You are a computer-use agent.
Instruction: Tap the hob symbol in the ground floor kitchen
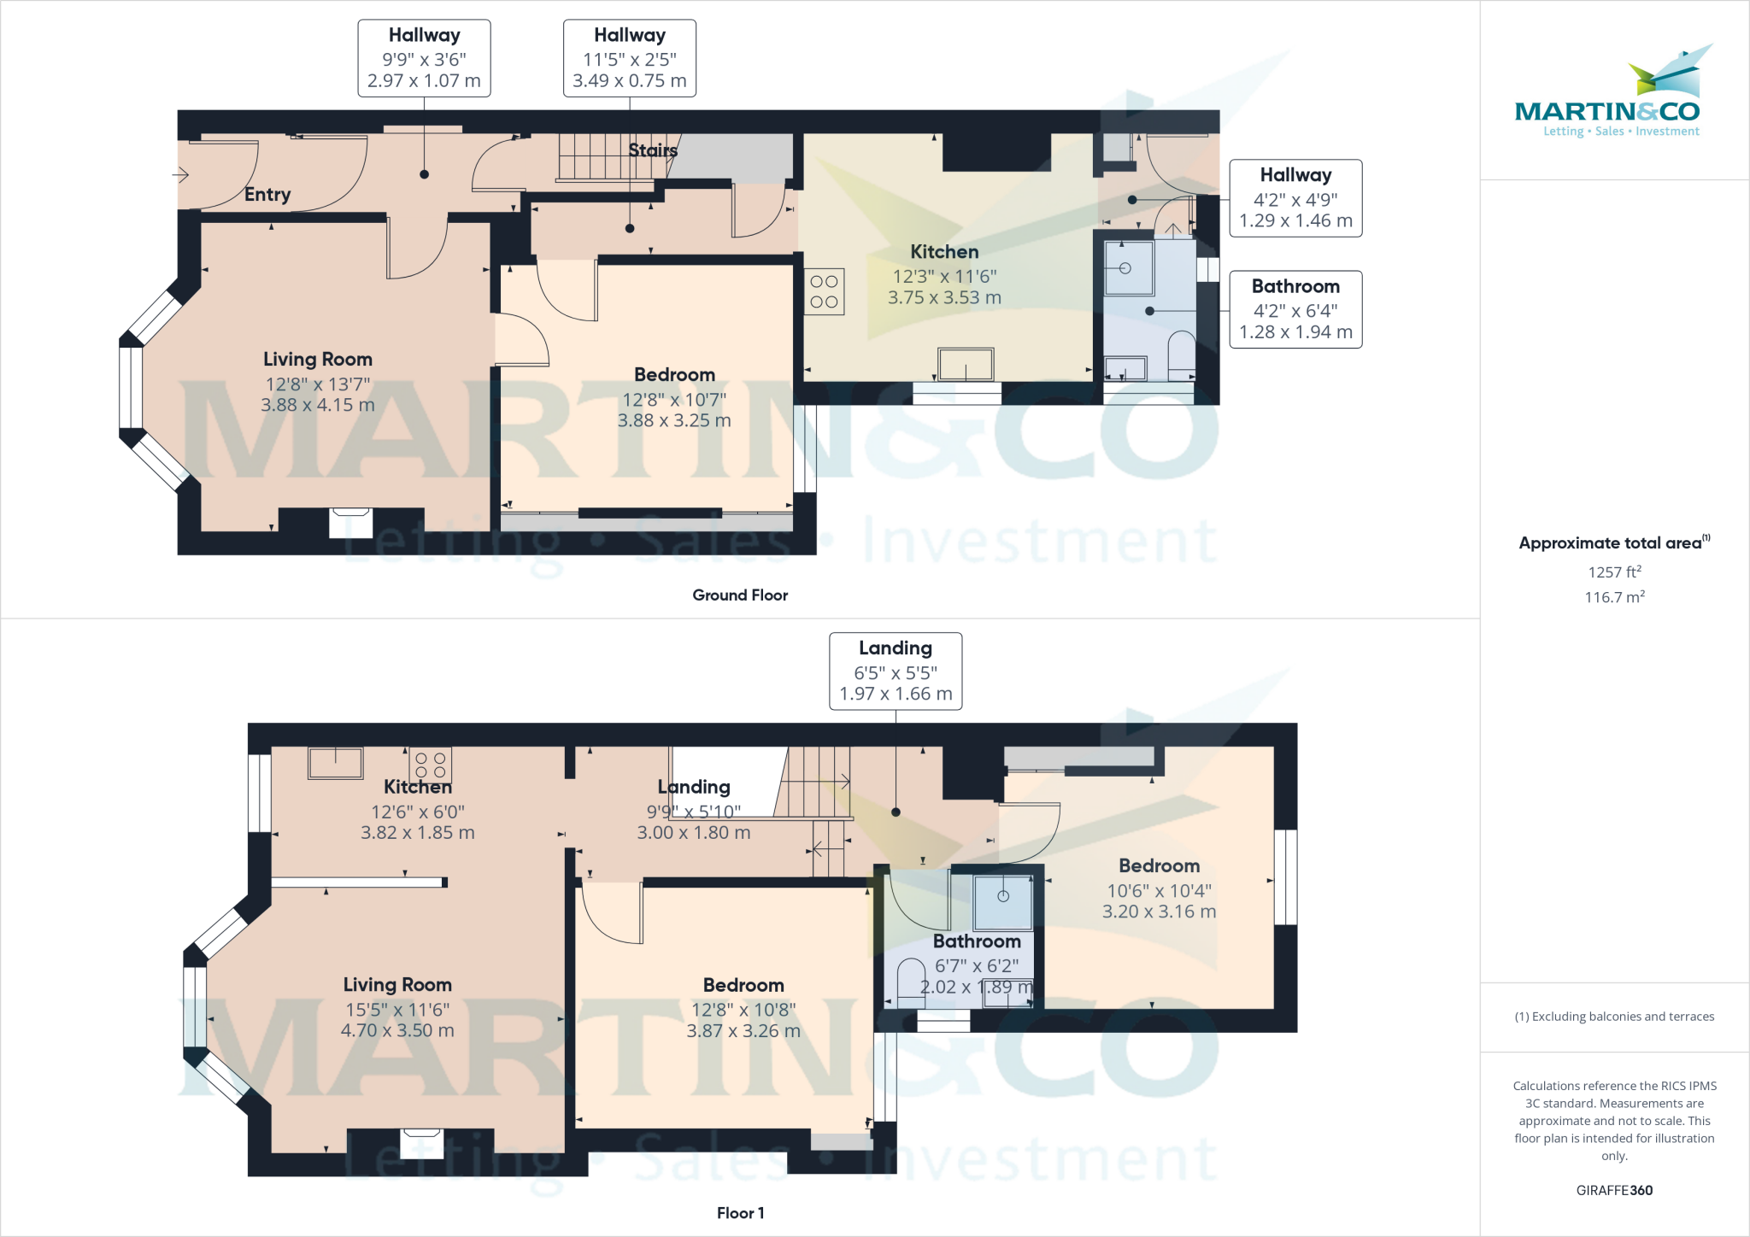coord(824,292)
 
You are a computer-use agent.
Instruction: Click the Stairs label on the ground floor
coord(653,150)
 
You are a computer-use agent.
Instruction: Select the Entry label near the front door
coord(267,195)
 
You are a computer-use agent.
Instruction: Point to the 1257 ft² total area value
coord(1614,572)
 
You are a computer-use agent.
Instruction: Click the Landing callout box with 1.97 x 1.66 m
coord(896,671)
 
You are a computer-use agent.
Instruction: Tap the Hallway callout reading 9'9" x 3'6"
coord(424,59)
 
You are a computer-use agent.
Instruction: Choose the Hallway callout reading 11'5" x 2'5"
coord(630,59)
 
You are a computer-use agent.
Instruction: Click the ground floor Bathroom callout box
coord(1295,309)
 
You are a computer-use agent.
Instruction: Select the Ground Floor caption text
coord(740,595)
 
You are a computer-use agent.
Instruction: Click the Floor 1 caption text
coord(740,1213)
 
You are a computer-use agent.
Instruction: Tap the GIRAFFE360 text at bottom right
coord(1614,1190)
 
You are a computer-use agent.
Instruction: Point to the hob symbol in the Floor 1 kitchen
coord(430,765)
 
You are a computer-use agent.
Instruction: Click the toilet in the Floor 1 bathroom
coord(911,982)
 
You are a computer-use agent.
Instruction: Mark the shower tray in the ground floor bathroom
coord(1127,268)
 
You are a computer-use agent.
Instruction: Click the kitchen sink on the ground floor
coord(966,365)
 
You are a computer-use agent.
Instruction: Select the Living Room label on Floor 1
coord(397,985)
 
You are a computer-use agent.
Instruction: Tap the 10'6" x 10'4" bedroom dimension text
coord(1159,891)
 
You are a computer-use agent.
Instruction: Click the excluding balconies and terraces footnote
coord(1614,1017)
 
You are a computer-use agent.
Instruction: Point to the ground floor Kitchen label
coord(944,252)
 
